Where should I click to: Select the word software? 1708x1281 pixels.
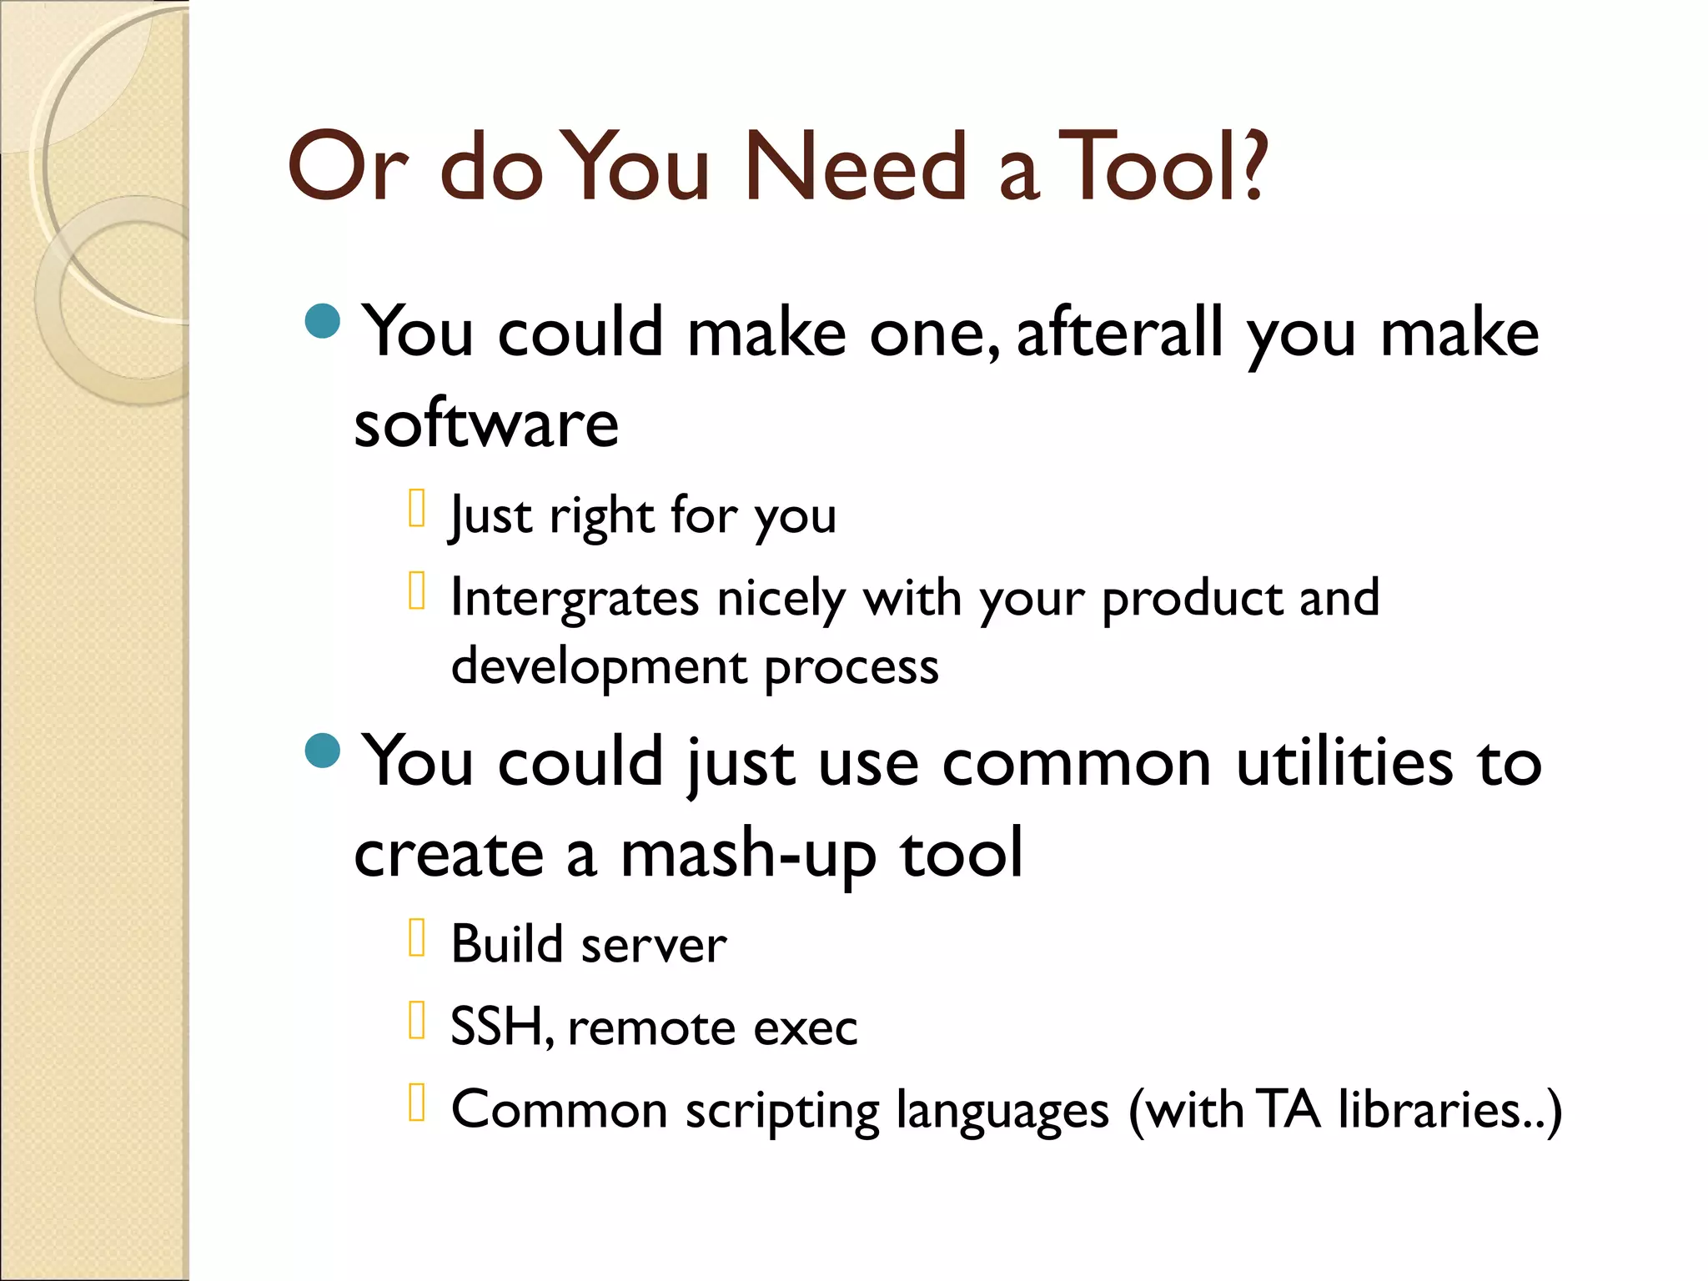pyautogui.click(x=486, y=424)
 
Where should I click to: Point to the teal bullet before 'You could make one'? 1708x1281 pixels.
pyautogui.click(x=323, y=321)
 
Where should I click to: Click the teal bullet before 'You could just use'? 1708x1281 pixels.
pyautogui.click(x=323, y=751)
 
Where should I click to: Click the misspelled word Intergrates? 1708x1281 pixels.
pyautogui.click(x=575, y=598)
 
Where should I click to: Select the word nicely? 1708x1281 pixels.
pyautogui.click(x=781, y=598)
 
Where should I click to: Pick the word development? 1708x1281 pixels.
pyautogui.click(x=599, y=667)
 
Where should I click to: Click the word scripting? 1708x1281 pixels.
pyautogui.click(x=781, y=1111)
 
